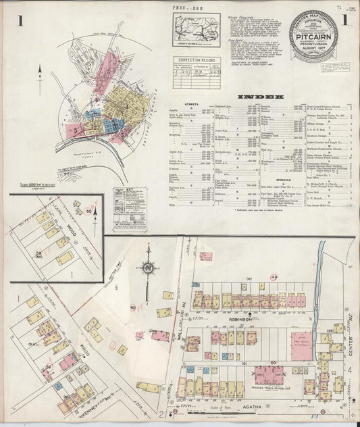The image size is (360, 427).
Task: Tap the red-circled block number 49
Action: [x=274, y=278]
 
